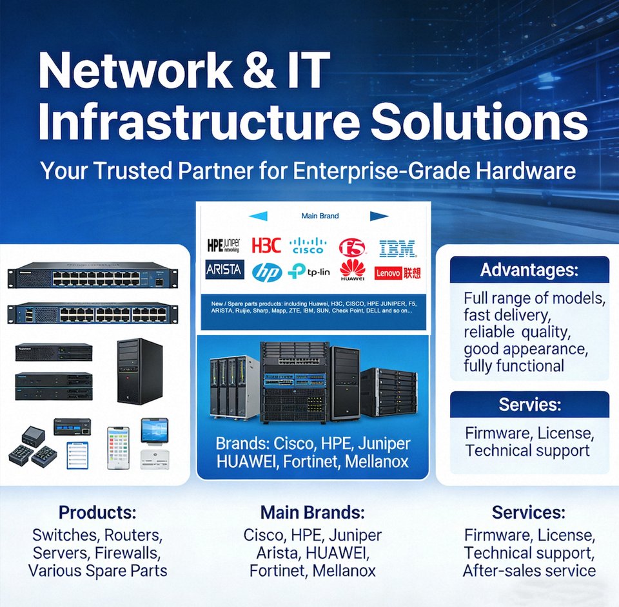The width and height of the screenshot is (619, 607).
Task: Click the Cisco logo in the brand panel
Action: (x=308, y=246)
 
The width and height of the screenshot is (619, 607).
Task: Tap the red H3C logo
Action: (x=266, y=246)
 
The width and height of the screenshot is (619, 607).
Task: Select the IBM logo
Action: (x=397, y=248)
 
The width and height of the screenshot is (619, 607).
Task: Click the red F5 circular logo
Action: (x=352, y=247)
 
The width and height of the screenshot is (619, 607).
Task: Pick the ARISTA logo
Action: (x=224, y=269)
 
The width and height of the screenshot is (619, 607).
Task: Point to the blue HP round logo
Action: (x=266, y=273)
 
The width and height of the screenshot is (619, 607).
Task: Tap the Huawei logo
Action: (x=353, y=271)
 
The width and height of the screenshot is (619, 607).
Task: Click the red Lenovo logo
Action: (x=397, y=273)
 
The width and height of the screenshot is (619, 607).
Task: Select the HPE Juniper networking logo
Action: (x=223, y=245)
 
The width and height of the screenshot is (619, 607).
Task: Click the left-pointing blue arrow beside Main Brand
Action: (x=257, y=217)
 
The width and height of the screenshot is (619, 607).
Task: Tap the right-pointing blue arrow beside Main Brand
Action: (x=380, y=217)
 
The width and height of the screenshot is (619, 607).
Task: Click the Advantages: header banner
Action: (x=529, y=269)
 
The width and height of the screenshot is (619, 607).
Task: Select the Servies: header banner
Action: (x=529, y=405)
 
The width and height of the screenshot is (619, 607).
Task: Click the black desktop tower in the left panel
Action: (x=139, y=371)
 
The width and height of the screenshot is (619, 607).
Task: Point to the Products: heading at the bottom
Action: (x=97, y=513)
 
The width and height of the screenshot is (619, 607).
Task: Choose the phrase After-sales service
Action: (x=529, y=570)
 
